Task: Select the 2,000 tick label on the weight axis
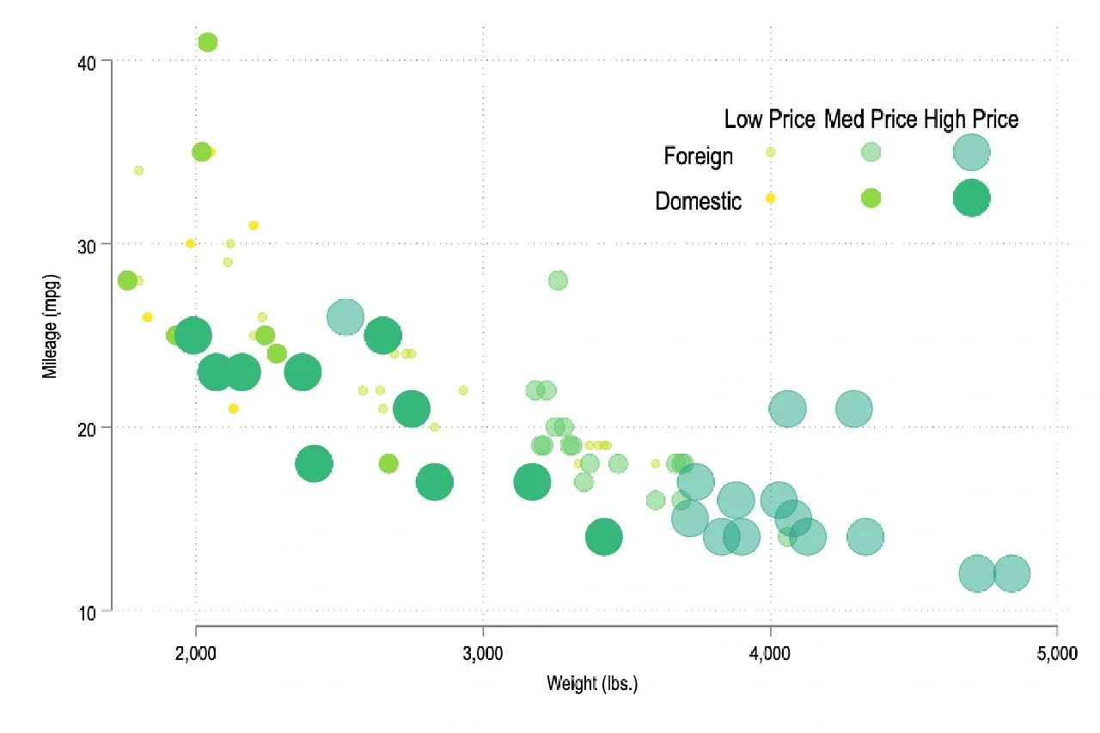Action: pyautogui.click(x=197, y=654)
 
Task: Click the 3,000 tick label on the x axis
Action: pyautogui.click(x=483, y=654)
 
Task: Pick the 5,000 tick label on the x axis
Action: pyautogui.click(x=1057, y=654)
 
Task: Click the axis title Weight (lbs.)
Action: pyautogui.click(x=592, y=684)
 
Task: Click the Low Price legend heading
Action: pyautogui.click(x=769, y=119)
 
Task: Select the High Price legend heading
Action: pyautogui.click(x=971, y=119)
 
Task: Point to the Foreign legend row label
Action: pyautogui.click(x=699, y=156)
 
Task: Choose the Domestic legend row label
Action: pyautogui.click(x=699, y=202)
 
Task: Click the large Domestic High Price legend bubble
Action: pyautogui.click(x=971, y=198)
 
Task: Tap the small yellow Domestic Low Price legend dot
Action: pyautogui.click(x=770, y=198)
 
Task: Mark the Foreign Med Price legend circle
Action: pyautogui.click(x=871, y=152)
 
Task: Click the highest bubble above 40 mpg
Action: pyautogui.click(x=207, y=42)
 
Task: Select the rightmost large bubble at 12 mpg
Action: pyautogui.click(x=1011, y=574)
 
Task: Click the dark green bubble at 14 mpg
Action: pyautogui.click(x=604, y=537)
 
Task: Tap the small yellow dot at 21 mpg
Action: pyautogui.click(x=233, y=408)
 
